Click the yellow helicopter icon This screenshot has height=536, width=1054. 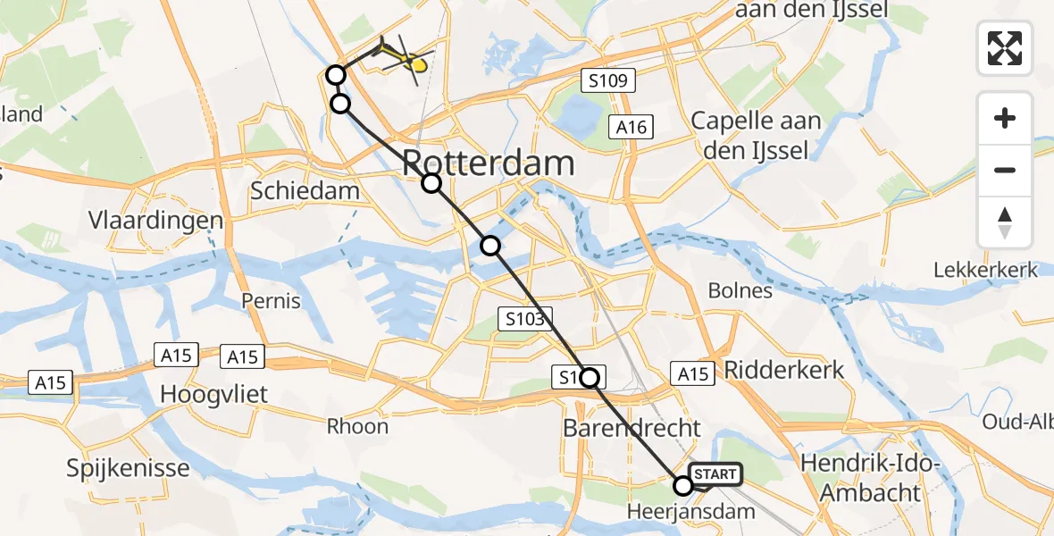(x=405, y=60)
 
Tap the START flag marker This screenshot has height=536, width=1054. (x=715, y=474)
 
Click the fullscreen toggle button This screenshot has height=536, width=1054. (x=1005, y=47)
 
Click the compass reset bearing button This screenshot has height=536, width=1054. (x=1005, y=222)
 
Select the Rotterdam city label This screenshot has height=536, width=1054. (x=488, y=163)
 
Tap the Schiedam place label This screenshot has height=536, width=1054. (x=305, y=190)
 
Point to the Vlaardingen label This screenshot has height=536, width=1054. (x=155, y=221)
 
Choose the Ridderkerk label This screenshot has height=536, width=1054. (x=784, y=370)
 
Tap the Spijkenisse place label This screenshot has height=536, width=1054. (x=129, y=468)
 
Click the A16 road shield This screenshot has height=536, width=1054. (x=632, y=127)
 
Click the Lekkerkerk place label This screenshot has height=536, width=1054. (x=985, y=270)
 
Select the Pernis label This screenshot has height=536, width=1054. (x=271, y=300)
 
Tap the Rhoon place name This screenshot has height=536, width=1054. (x=357, y=426)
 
